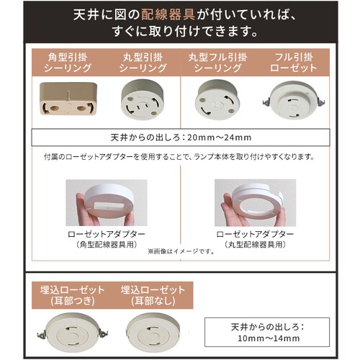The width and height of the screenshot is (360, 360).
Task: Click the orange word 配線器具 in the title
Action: (168, 14)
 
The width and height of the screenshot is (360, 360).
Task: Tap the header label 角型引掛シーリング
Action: (68, 63)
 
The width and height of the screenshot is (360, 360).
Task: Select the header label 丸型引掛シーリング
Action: (143, 63)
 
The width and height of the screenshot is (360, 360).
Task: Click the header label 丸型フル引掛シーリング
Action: (217, 63)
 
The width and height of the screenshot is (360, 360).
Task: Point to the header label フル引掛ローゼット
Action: (294, 63)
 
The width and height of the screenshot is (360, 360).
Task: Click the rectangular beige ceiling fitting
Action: (68, 99)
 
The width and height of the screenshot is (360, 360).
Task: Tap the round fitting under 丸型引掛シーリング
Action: (143, 99)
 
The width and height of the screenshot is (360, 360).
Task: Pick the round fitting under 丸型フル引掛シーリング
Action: (217, 99)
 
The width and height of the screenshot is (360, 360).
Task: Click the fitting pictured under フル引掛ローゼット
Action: (294, 99)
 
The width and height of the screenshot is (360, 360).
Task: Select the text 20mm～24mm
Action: (220, 138)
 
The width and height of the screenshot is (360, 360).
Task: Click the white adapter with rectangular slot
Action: (109, 202)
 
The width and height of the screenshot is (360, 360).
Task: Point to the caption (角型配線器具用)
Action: (107, 245)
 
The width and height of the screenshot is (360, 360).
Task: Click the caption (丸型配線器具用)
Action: (255, 245)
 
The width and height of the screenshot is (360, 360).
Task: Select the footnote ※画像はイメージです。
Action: (181, 251)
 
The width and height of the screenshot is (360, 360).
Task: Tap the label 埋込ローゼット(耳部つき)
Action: (73, 295)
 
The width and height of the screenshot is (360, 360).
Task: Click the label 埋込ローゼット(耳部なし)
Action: (153, 295)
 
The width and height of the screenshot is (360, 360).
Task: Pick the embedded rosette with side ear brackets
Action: (73, 333)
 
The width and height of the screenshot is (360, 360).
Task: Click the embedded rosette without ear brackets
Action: (153, 333)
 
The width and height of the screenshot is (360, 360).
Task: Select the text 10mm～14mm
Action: (269, 338)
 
